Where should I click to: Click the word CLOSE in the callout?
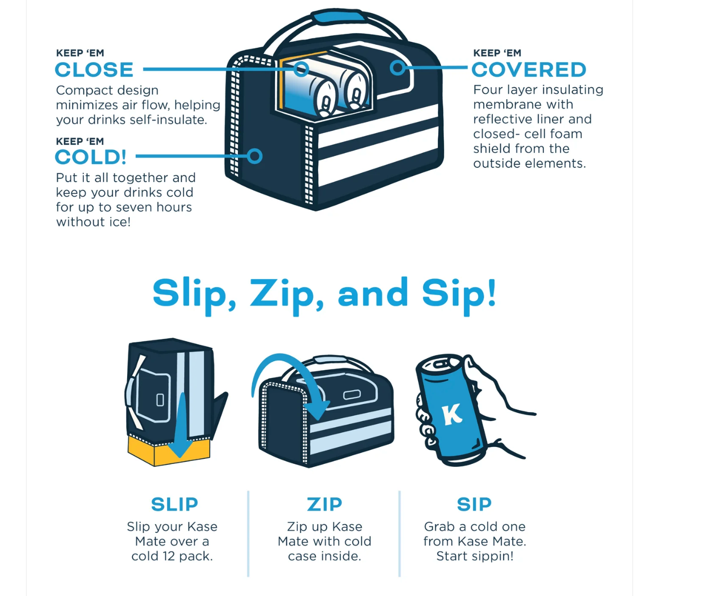click(94, 70)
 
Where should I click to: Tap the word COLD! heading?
click(91, 157)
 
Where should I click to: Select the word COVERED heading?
click(529, 70)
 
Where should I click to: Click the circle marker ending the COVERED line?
click(397, 68)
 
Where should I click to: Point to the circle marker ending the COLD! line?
click(254, 156)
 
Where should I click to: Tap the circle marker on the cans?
click(301, 69)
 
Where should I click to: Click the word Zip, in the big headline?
click(287, 295)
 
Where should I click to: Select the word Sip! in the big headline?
click(459, 295)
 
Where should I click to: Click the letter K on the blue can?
click(452, 414)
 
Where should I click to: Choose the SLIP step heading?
click(175, 504)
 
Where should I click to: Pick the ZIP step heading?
click(325, 504)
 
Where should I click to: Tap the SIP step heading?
click(474, 504)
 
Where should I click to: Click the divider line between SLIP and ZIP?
click(248, 534)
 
